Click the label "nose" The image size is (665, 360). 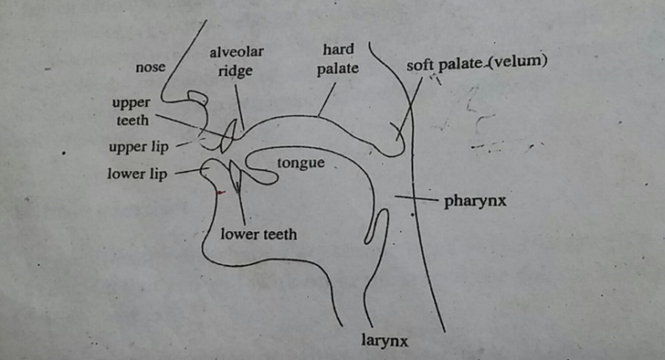point(150,67)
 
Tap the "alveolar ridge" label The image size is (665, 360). point(236,62)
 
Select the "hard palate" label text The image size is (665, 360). point(338,59)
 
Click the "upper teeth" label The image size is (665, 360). point(131,112)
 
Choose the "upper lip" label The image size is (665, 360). point(139,147)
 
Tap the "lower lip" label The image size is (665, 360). point(137,174)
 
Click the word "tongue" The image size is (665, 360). point(301,164)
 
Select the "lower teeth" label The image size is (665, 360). point(259,235)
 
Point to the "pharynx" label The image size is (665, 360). point(475,201)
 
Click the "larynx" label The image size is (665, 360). point(385,341)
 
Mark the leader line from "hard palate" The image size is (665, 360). point(327,99)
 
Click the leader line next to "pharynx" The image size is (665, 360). point(415,198)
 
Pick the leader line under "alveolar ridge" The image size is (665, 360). point(240,107)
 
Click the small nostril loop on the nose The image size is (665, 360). point(198,98)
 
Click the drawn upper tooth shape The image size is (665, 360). point(228,136)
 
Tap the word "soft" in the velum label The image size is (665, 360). point(421,65)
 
